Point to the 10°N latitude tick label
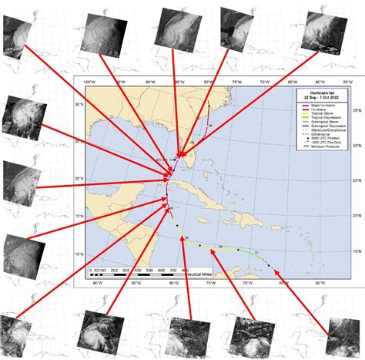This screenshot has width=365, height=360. coord(79,254)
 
